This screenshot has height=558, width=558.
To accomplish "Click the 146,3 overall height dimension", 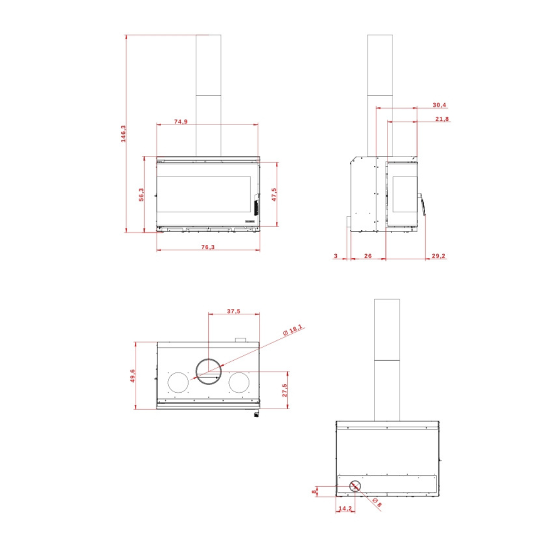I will click(123, 134).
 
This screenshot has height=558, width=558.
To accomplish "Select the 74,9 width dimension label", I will click(181, 121).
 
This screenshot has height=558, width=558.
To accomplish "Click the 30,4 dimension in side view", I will click(439, 105).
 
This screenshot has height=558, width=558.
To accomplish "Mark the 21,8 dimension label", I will click(442, 119).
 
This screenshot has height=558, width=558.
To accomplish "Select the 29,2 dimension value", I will click(438, 256).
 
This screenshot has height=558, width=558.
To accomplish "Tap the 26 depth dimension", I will click(367, 256).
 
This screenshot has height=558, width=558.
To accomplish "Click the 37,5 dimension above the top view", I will click(234, 311).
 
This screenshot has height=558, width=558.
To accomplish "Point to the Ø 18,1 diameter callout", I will click(295, 330).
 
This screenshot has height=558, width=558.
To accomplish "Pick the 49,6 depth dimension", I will click(132, 376).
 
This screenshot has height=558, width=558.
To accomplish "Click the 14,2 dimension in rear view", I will click(345, 508).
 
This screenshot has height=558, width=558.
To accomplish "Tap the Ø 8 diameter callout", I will click(378, 503).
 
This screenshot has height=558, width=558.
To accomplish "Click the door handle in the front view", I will click(256, 205).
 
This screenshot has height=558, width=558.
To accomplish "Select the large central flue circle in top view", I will click(209, 371).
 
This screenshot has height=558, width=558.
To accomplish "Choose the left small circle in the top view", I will click(179, 382).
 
